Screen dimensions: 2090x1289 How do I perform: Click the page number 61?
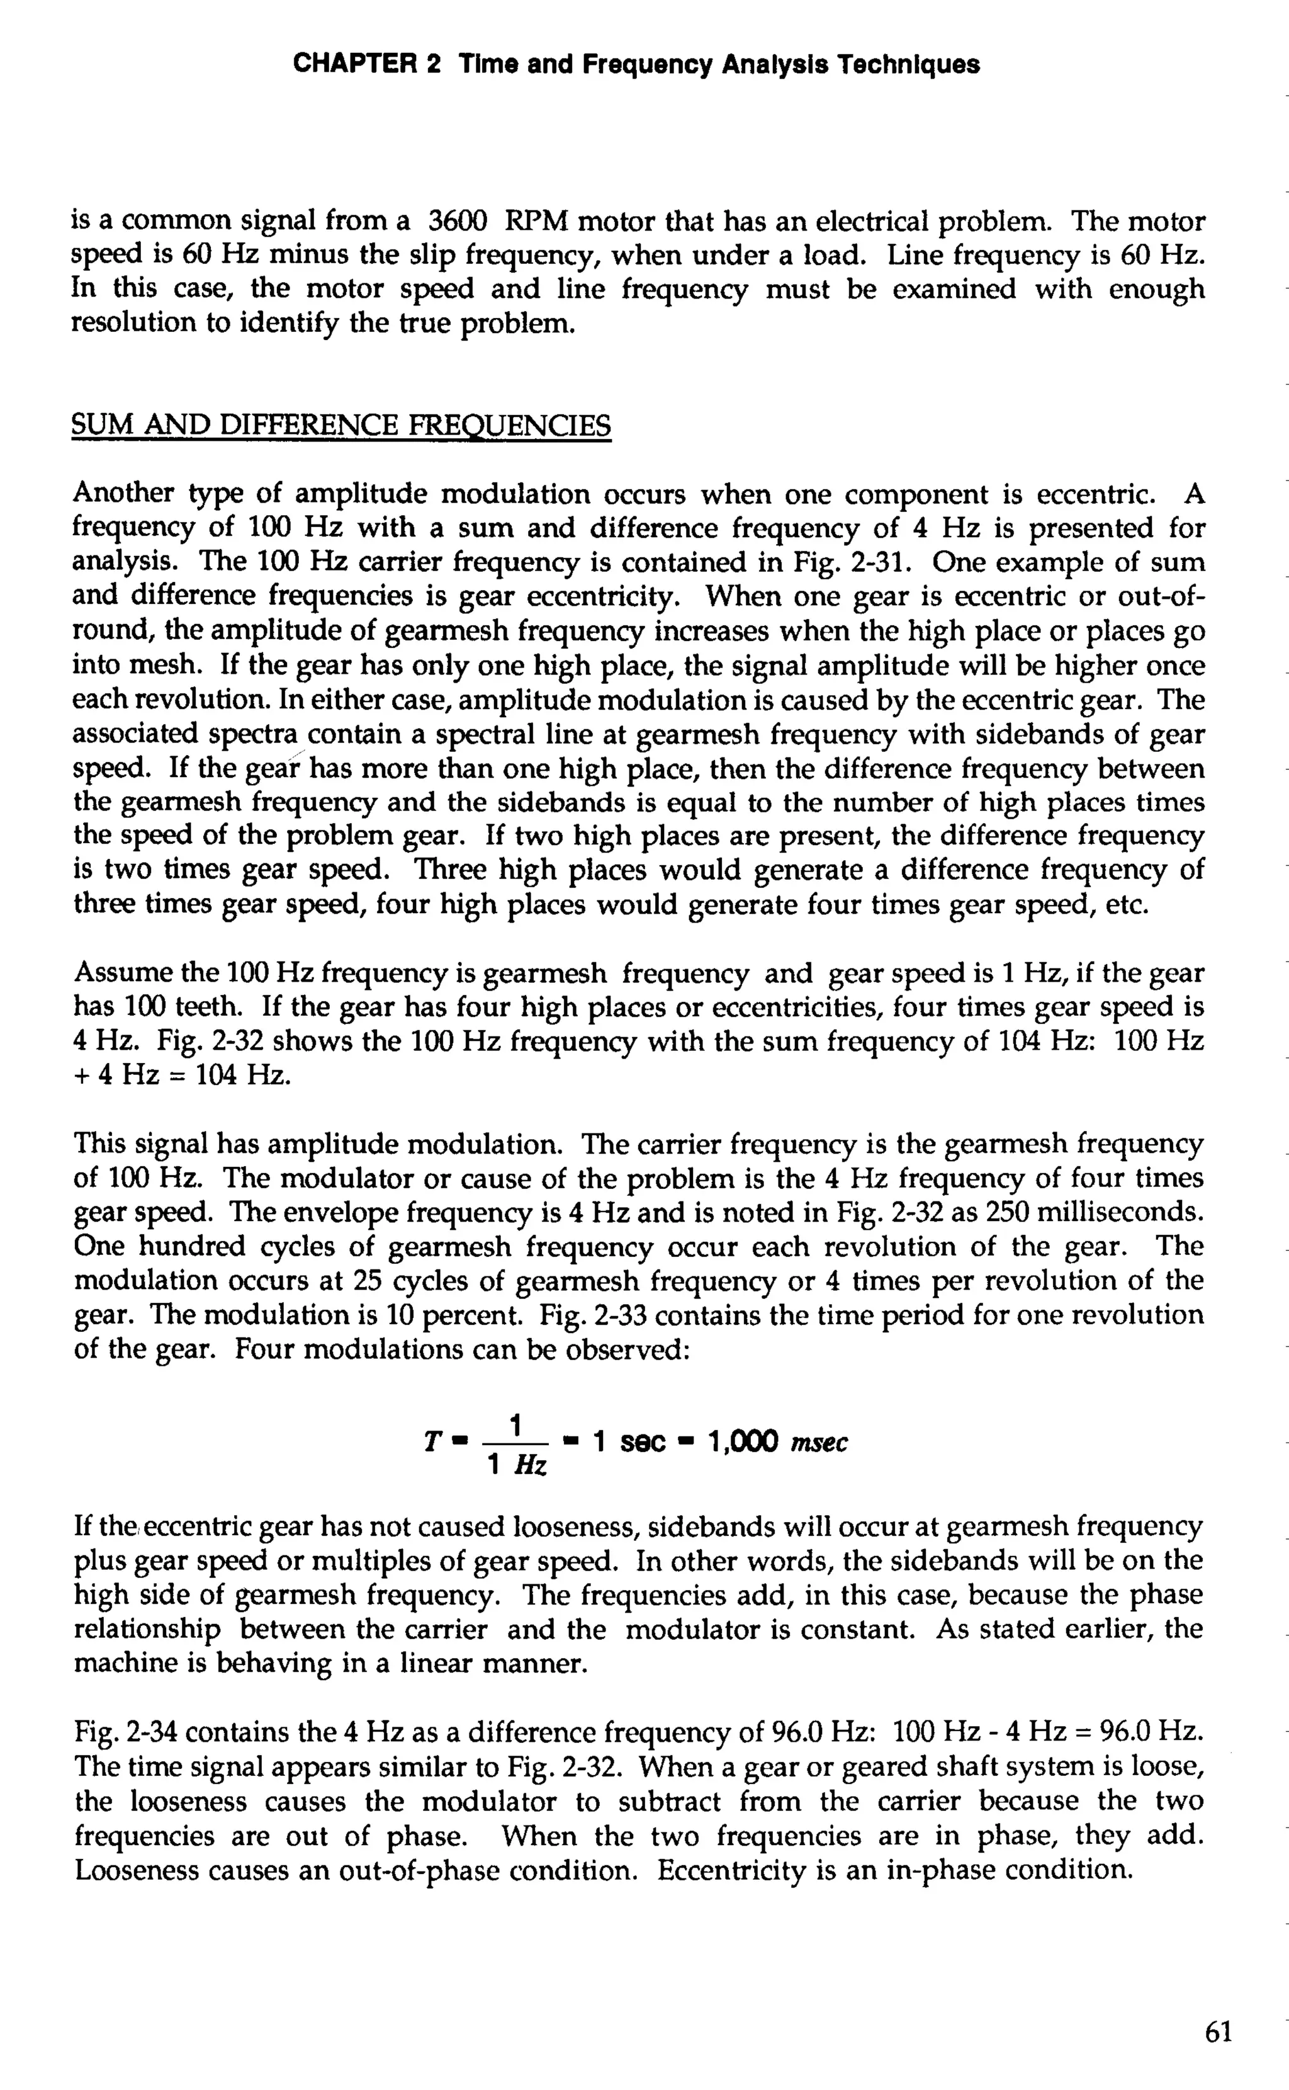pyautogui.click(x=1219, y=2032)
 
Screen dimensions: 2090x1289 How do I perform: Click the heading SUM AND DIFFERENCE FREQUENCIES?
pyautogui.click(x=341, y=424)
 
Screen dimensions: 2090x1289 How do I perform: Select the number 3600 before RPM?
pyautogui.click(x=456, y=222)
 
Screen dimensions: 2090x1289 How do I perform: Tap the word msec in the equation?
pyautogui.click(x=819, y=1443)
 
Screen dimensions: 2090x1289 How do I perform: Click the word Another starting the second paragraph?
pyautogui.click(x=123, y=494)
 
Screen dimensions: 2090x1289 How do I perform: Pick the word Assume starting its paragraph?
pyautogui.click(x=118, y=973)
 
